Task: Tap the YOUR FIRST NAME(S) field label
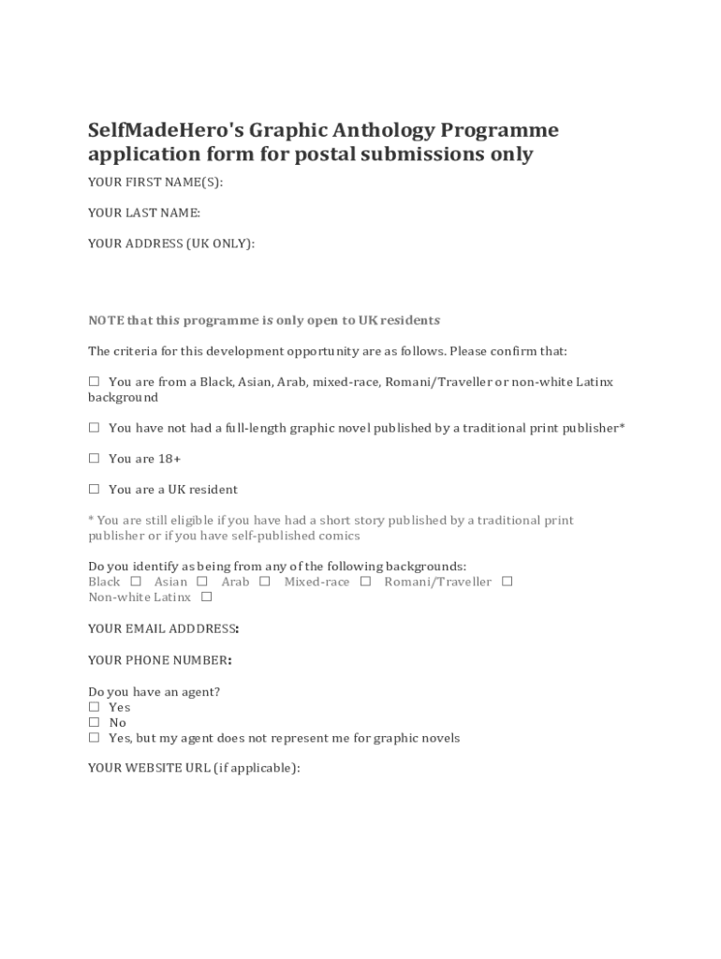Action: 155,182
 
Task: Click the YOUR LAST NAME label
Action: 144,213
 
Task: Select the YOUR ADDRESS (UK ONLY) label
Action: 171,243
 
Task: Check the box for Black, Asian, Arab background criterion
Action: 94,382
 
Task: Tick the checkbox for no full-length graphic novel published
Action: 94,428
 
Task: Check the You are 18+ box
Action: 94,459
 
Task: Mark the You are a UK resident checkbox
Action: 94,489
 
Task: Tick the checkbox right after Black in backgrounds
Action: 136,582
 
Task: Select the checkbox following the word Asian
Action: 202,582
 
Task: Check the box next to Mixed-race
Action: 365,582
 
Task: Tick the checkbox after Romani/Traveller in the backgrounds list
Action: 508,582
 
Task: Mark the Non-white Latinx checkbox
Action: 206,597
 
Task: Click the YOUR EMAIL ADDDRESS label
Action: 163,628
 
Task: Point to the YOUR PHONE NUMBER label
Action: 160,660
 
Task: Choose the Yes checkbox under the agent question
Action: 94,707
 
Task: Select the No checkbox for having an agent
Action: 94,722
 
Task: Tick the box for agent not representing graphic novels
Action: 94,737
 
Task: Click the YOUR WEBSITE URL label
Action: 194,768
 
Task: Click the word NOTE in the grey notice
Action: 105,320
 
